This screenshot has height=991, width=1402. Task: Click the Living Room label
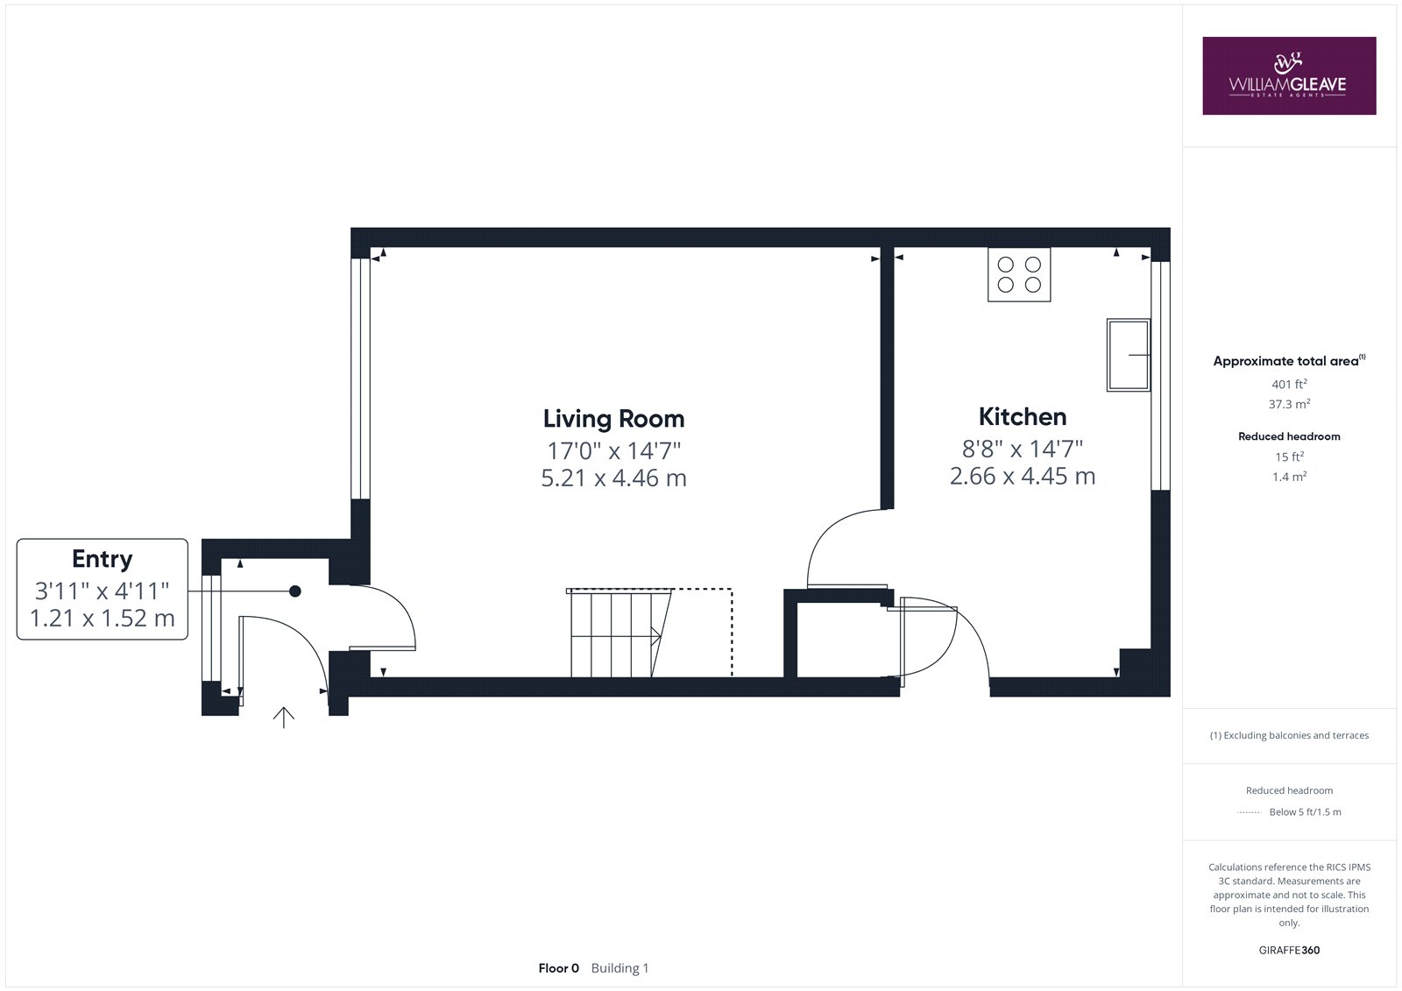tap(613, 419)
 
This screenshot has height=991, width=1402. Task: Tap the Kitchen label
tap(1022, 417)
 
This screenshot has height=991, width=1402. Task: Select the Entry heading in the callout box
tap(102, 559)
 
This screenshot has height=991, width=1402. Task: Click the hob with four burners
tap(1019, 275)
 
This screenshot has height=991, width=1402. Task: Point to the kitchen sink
tap(1129, 355)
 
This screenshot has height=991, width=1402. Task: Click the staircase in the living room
tap(619, 633)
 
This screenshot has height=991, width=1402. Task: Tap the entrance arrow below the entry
tap(284, 718)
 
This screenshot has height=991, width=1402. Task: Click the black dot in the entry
tap(294, 591)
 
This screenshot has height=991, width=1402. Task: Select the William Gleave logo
tap(1289, 75)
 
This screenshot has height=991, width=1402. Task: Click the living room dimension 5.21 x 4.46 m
tap(613, 478)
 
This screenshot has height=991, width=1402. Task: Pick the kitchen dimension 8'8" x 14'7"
tap(1022, 449)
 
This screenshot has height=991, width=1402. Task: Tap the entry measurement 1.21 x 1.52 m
tap(102, 619)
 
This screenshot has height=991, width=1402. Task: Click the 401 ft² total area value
tap(1289, 384)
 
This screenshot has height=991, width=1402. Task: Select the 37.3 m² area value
tap(1289, 404)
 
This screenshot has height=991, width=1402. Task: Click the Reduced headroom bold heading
tap(1289, 436)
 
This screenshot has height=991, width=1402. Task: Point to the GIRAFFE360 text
tap(1289, 950)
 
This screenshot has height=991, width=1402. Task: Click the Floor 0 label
tap(558, 968)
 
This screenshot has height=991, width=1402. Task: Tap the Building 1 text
tap(620, 968)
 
